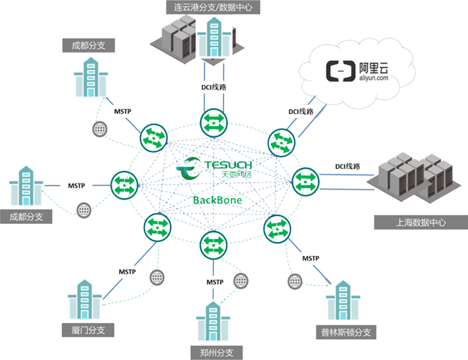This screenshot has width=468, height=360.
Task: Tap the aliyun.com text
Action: click(x=374, y=77)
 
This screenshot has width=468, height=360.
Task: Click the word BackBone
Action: click(x=217, y=200)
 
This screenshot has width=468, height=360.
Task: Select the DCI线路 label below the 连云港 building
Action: click(x=213, y=87)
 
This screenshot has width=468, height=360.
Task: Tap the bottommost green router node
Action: click(x=213, y=243)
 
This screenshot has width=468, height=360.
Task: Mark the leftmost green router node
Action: click(x=124, y=182)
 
